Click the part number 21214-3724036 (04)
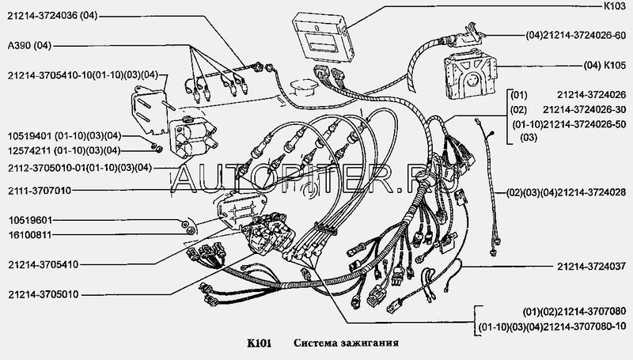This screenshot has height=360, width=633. tap(52, 16)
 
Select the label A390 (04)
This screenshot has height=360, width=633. tap(29, 46)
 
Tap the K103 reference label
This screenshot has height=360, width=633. tap(614, 6)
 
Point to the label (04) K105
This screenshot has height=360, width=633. tap(605, 66)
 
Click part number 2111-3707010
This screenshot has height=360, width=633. tap(40, 191)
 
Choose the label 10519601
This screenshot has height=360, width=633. tap(30, 221)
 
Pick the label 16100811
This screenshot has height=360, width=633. tap(30, 235)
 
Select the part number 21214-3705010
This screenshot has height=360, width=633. tap(44, 294)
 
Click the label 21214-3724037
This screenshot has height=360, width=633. tap(591, 267)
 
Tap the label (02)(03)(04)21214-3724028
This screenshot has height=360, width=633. tap(567, 193)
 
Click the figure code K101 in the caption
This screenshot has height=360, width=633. tap(259, 343)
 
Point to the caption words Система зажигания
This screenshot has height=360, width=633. tap(346, 343)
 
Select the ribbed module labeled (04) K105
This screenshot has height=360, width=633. tap(470, 74)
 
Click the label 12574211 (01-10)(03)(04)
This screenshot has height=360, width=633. tap(64, 151)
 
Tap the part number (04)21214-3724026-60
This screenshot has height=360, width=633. tap(576, 36)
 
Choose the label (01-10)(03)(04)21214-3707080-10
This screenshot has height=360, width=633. tap(552, 326)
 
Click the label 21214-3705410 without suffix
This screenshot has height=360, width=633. tap(44, 265)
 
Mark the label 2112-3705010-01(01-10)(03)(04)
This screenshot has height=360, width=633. tap(80, 168)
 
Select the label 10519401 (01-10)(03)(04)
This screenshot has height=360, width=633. tap(64, 136)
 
